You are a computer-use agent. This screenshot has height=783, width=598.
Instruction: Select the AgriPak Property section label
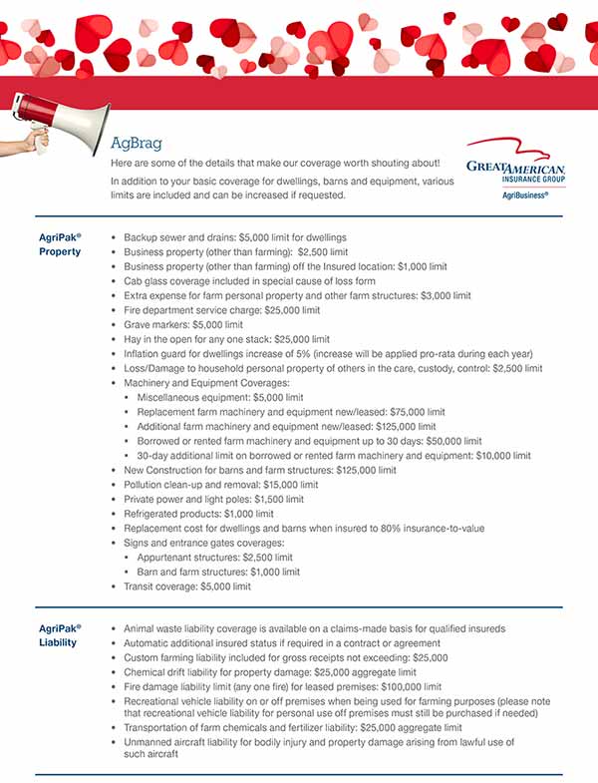point(60,244)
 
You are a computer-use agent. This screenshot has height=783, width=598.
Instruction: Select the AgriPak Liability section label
point(60,634)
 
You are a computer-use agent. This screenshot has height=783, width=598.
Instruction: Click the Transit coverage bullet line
point(186,587)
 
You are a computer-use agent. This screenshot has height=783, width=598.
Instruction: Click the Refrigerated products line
point(198,514)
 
